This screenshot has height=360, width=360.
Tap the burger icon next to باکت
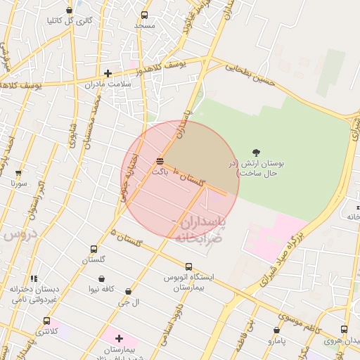(160, 162)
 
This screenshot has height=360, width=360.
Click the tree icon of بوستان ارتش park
(256, 153)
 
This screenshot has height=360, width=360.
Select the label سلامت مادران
(127, 83)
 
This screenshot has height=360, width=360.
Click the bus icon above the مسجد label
(144, 15)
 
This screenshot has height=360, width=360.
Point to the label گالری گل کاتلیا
(69, 20)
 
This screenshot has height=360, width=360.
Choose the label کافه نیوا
(101, 289)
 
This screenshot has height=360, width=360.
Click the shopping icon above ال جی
(128, 291)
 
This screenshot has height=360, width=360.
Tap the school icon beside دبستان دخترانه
(34, 279)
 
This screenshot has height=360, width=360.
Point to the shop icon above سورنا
(18, 172)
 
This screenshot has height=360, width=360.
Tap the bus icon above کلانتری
(46, 321)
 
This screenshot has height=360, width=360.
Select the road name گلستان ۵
(127, 238)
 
